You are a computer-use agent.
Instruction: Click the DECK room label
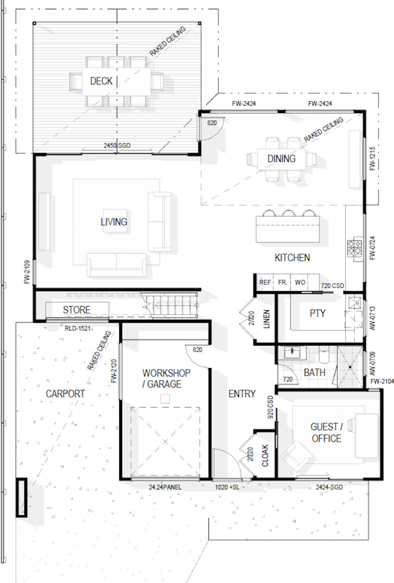coord(101,81)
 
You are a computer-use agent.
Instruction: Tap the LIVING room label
coord(114,222)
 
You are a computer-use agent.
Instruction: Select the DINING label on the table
coord(281,159)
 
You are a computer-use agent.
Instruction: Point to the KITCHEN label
coord(292,258)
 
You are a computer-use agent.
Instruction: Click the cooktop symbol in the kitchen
coord(354,248)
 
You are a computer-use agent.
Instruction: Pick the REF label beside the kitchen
coord(265,282)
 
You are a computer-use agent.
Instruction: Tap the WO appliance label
coord(300,282)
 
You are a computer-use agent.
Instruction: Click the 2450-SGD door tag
coord(117,145)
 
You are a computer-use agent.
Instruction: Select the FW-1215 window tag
coord(372,158)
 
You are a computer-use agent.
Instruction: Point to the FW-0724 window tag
coord(372,248)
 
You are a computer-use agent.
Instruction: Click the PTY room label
coord(317,313)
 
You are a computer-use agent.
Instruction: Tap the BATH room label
coord(315,373)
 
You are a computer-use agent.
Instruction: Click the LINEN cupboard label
coord(266,319)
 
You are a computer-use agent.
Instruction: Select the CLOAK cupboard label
coord(265,456)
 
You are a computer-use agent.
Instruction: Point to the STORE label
coord(77,310)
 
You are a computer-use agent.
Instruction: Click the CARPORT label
coord(65,394)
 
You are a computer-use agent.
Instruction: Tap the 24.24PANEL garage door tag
coord(165,487)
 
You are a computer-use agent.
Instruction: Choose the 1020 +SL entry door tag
coord(227,487)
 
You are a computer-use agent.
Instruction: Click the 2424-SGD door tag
coord(329,487)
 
